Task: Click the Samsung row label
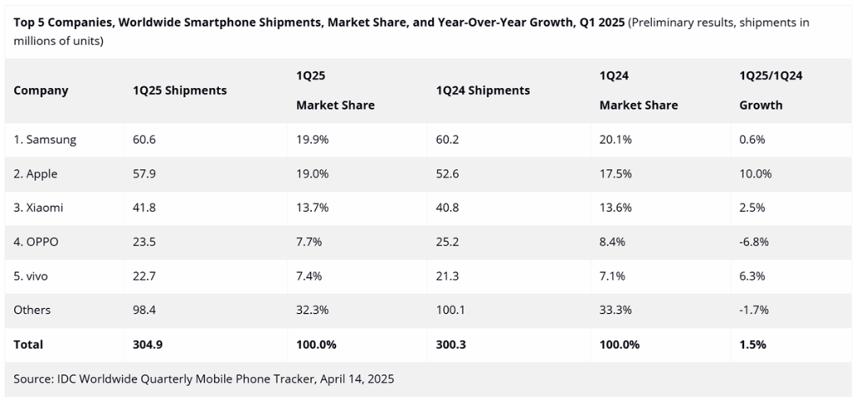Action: pyautogui.click(x=45, y=140)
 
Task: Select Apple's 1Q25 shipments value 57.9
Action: pyautogui.click(x=144, y=174)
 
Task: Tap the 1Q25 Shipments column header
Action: pyautogui.click(x=179, y=90)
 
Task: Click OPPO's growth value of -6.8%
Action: pyautogui.click(x=755, y=242)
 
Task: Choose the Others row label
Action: pyautogui.click(x=32, y=310)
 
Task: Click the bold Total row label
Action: pyautogui.click(x=28, y=344)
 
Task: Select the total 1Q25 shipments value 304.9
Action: pyautogui.click(x=148, y=344)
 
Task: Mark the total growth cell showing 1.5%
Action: pyautogui.click(x=752, y=344)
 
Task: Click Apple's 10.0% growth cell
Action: pyautogui.click(x=756, y=174)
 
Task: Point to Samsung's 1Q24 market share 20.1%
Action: pyautogui.click(x=616, y=140)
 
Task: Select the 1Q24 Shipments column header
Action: pyautogui.click(x=483, y=90)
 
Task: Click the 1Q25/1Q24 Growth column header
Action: pyautogui.click(x=771, y=90)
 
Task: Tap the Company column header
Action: pyautogui.click(x=41, y=90)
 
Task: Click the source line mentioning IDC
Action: pyautogui.click(x=203, y=378)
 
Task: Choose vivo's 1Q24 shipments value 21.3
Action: pyautogui.click(x=448, y=276)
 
